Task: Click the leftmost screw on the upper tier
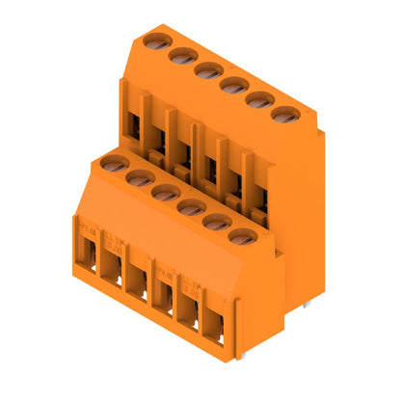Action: pyautogui.click(x=153, y=40)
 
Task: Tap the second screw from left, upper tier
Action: pyautogui.click(x=179, y=55)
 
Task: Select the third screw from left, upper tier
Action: pyautogui.click(x=205, y=69)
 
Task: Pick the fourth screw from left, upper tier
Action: pyautogui.click(x=231, y=85)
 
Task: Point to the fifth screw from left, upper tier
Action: pyautogui.click(x=256, y=100)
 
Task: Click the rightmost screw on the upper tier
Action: pyautogui.click(x=281, y=116)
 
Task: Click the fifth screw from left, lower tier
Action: pyautogui.click(x=216, y=221)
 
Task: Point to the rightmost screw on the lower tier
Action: pyautogui.click(x=242, y=235)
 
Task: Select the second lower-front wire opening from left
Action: pyautogui.click(x=111, y=273)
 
